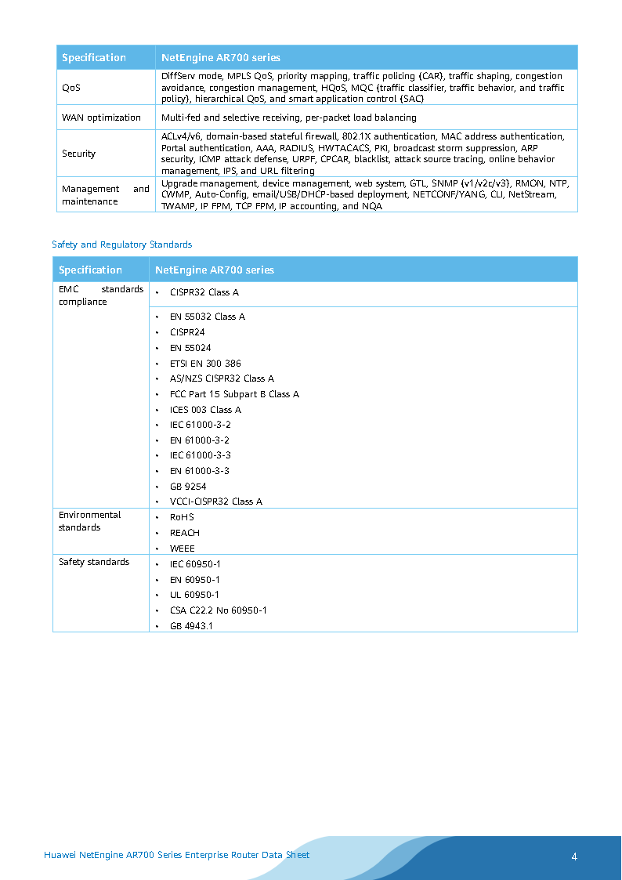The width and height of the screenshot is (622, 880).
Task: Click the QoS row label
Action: point(71,88)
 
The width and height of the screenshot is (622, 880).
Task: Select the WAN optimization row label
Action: point(101,118)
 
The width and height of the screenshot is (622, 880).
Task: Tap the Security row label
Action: point(78,154)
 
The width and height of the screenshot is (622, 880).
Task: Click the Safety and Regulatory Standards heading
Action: point(121,244)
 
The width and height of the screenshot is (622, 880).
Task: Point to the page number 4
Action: point(574,856)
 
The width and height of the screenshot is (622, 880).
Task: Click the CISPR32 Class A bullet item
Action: point(204,292)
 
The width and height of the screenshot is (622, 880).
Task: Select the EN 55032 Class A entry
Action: point(207,317)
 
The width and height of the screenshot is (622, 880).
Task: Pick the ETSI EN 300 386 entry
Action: point(205,364)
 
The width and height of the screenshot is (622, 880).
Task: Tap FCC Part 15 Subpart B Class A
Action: point(234,394)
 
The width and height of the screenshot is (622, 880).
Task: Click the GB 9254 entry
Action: point(188,487)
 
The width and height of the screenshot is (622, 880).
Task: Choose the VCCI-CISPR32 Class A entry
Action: point(215,502)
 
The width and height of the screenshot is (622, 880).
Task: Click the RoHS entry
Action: point(182,517)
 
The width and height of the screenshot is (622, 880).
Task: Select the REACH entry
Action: point(184,533)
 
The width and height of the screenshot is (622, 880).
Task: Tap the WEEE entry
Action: point(182,549)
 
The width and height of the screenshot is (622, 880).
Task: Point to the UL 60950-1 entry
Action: point(194,595)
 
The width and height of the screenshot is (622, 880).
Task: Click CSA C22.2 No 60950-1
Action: point(218,610)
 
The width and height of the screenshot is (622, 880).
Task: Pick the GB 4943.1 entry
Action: point(191,626)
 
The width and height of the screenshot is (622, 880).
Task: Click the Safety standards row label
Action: point(94,562)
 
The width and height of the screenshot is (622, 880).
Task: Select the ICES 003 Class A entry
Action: point(205,410)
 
